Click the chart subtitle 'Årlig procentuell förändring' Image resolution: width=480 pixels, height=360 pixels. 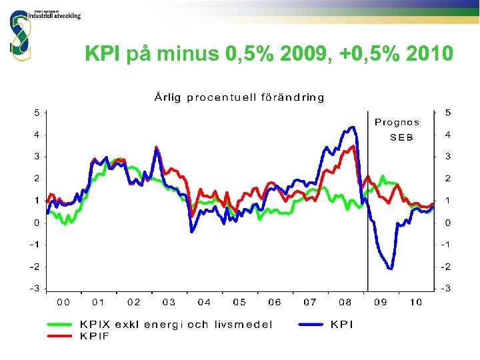tap(239, 97)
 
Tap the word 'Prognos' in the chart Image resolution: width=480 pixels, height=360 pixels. tap(397, 122)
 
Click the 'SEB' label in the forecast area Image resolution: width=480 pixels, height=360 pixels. tap(401, 137)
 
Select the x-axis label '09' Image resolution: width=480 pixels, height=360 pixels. tap(380, 303)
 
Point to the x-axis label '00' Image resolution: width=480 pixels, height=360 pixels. tap(63, 303)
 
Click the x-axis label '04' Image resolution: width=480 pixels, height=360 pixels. tap(204, 303)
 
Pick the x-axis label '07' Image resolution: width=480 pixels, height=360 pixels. tap(309, 303)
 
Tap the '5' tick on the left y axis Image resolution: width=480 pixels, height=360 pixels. tap(37, 113)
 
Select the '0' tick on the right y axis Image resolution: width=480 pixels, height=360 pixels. tap(448, 223)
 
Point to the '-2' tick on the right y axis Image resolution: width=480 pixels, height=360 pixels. tap(447, 267)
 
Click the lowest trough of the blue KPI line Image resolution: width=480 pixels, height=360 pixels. tap(390, 269)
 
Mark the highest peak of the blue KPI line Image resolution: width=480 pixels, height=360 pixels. tap(352, 127)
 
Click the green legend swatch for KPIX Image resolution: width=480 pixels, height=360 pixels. tap(60, 325)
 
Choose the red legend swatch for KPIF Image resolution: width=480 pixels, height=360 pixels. tap(60, 336)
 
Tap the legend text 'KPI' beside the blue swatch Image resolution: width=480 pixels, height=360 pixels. tap(342, 325)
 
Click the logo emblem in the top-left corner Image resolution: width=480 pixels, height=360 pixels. tap(20, 33)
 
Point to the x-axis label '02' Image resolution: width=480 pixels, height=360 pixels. tap(134, 303)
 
